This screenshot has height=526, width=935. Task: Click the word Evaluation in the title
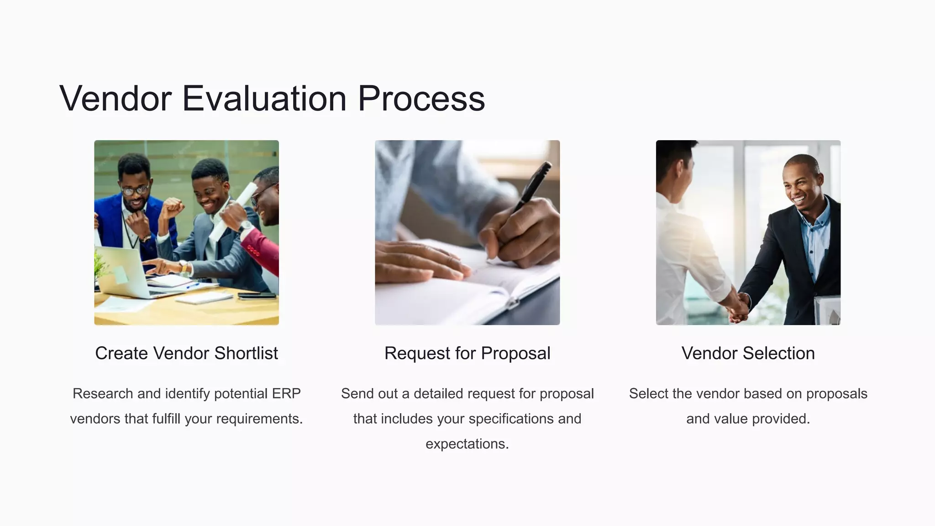264,98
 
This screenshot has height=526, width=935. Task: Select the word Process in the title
421,98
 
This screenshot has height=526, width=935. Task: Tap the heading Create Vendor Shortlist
186,353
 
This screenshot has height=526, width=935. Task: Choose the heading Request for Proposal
467,353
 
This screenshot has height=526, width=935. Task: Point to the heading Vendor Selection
748,353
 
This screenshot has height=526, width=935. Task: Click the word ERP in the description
286,394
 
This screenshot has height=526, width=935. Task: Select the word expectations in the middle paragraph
466,444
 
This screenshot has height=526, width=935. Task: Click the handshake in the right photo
737,307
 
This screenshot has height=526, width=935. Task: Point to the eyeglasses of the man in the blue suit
136,189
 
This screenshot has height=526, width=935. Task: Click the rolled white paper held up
237,208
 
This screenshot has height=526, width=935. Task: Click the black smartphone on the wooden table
257,296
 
